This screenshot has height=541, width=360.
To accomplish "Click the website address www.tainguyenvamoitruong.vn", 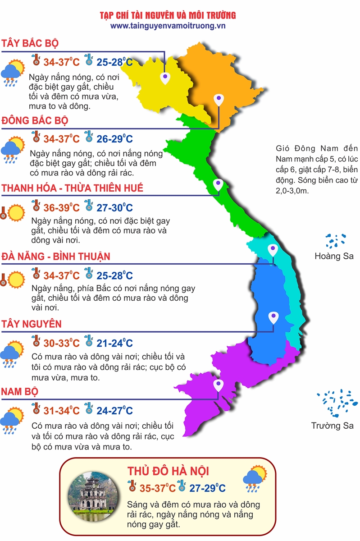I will [x=168, y=26].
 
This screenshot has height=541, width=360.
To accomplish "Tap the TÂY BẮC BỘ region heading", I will [x=30, y=43].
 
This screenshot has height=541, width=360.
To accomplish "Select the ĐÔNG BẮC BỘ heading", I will [x=35, y=120].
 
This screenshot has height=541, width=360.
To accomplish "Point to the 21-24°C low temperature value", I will [x=114, y=343].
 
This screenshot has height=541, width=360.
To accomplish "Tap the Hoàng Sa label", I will [x=334, y=256].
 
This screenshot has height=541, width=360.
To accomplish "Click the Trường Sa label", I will [x=333, y=426].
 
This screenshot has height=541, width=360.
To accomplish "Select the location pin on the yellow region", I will [x=166, y=78].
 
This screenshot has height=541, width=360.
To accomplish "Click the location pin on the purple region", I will [x=218, y=385].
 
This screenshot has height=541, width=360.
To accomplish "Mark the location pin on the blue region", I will [x=273, y=317].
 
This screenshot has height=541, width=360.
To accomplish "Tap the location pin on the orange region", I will [x=219, y=99].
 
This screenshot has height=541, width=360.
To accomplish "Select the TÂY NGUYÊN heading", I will [x=32, y=324].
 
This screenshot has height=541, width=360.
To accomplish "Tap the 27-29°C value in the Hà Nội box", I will [x=207, y=488].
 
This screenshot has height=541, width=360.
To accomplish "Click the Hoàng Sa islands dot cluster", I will [x=336, y=241].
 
